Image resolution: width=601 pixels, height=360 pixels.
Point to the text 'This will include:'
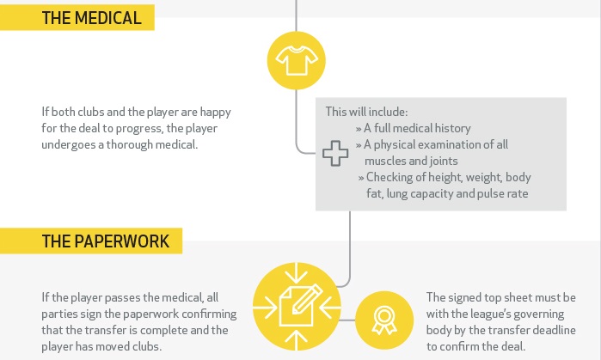click(366, 112)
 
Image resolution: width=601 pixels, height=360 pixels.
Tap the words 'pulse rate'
click(505, 194)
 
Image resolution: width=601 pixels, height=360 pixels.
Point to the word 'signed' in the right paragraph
click(469, 297)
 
